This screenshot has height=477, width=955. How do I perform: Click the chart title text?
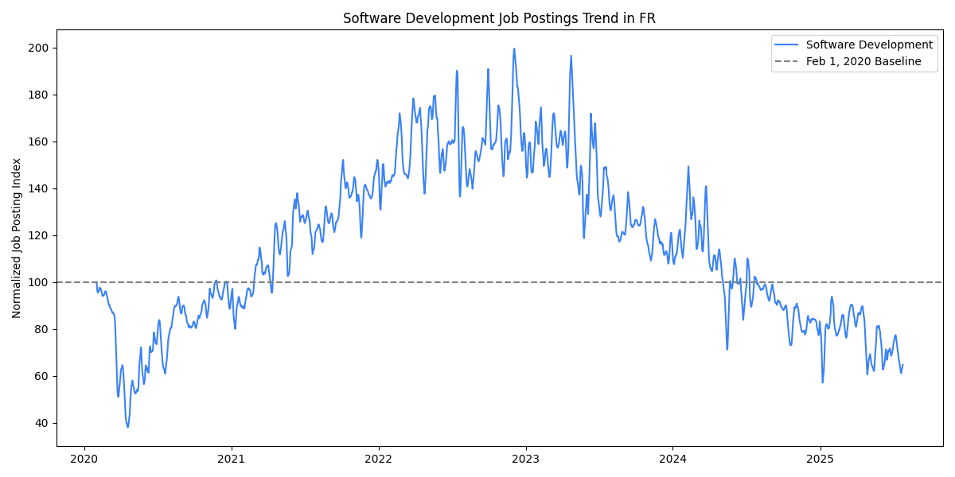point(499,18)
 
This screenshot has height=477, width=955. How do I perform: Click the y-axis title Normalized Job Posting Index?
point(17,238)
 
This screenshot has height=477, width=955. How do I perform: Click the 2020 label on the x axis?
point(84,459)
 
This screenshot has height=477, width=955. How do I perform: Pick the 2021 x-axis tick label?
point(232,459)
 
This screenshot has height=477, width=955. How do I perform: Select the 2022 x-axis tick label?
point(379,459)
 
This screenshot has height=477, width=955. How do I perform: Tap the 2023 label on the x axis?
point(525,459)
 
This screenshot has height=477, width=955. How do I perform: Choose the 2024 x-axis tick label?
point(672,459)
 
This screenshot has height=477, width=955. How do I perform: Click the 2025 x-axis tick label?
point(820,459)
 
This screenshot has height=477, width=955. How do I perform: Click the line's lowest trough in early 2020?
point(127,427)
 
